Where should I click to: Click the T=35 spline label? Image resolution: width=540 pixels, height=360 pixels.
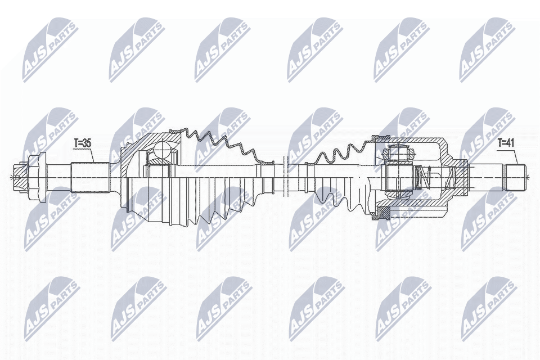pyautogui.click(x=83, y=143)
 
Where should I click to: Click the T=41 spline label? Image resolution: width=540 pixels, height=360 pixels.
pyautogui.click(x=506, y=143)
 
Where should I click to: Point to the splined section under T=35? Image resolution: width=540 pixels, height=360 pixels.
pyautogui.click(x=89, y=176)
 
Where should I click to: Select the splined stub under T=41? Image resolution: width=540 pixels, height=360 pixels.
pyautogui.click(x=515, y=177)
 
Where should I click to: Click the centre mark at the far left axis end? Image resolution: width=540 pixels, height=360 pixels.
pyautogui.click(x=12, y=177)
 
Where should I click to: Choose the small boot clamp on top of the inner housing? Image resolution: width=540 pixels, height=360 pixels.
pyautogui.click(x=382, y=137)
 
